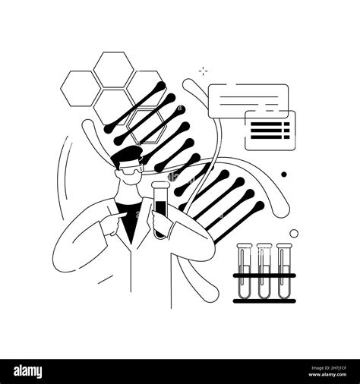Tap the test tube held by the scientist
[x=160, y=216]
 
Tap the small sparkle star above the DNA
[x=203, y=71]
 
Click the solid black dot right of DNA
[x=284, y=174]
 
